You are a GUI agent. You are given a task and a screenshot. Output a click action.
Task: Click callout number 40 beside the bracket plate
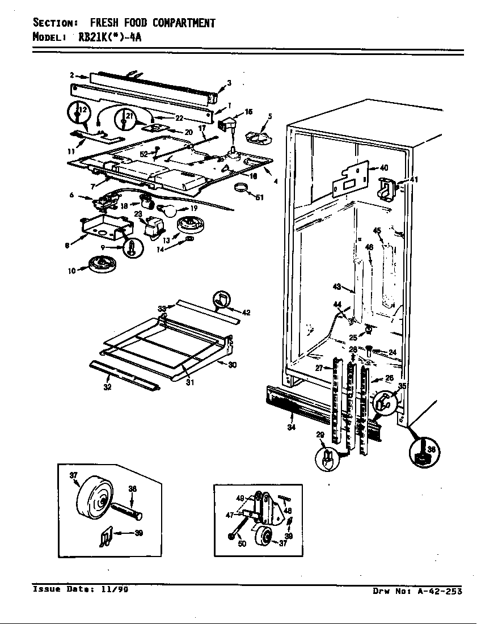[x=383, y=168]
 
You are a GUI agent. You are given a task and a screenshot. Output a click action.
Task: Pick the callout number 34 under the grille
[x=291, y=427]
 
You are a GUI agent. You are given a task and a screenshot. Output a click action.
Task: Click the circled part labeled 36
[x=425, y=453]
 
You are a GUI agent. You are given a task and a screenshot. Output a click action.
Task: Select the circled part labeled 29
[x=327, y=458]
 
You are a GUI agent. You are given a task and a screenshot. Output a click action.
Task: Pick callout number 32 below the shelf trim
[x=107, y=387]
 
